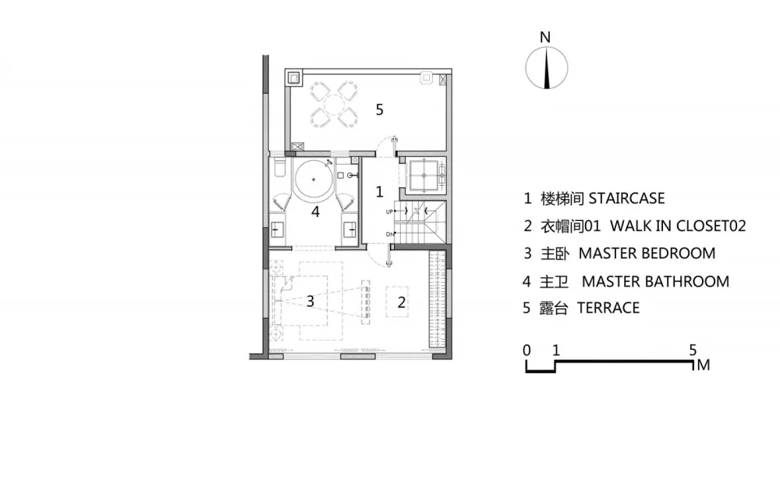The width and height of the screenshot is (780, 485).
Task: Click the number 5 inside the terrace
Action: tap(380, 109)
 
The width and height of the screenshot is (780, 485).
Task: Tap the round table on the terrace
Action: tap(334, 105)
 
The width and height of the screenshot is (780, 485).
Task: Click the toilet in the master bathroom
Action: tap(279, 168)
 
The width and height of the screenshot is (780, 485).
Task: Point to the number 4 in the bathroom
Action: tap(315, 212)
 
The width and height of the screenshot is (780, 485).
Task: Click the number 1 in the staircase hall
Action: tap(380, 191)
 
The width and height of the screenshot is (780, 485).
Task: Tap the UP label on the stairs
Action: tap(389, 212)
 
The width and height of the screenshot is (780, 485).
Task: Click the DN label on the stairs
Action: tap(390, 234)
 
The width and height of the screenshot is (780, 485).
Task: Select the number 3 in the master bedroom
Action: tap(310, 301)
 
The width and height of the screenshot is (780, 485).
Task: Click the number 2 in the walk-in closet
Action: tap(401, 301)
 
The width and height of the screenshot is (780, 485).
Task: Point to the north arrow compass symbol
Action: tap(547, 68)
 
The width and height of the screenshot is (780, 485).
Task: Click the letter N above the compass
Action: tap(545, 37)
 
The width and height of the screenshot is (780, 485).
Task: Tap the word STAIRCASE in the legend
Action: tap(627, 198)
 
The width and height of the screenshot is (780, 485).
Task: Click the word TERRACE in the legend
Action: tap(608, 308)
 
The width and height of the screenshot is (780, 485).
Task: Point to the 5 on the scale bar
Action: tap(693, 350)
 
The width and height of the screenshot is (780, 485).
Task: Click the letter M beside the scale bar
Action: tap(704, 366)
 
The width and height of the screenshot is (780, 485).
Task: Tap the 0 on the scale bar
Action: tap(526, 351)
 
